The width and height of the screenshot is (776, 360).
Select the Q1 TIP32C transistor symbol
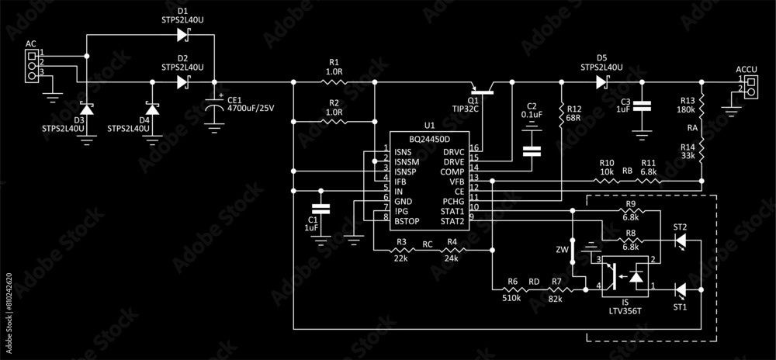[483, 88]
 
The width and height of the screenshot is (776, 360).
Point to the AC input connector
[32, 66]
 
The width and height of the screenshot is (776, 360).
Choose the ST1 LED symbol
[681, 290]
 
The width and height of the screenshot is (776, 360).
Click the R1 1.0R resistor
[334, 81]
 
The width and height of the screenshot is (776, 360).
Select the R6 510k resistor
[513, 290]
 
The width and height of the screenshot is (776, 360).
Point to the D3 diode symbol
[87, 109]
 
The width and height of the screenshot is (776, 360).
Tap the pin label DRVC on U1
[453, 151]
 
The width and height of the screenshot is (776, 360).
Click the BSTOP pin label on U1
[407, 221]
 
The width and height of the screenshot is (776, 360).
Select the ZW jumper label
[562, 250]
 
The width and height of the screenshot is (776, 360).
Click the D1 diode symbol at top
[182, 34]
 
